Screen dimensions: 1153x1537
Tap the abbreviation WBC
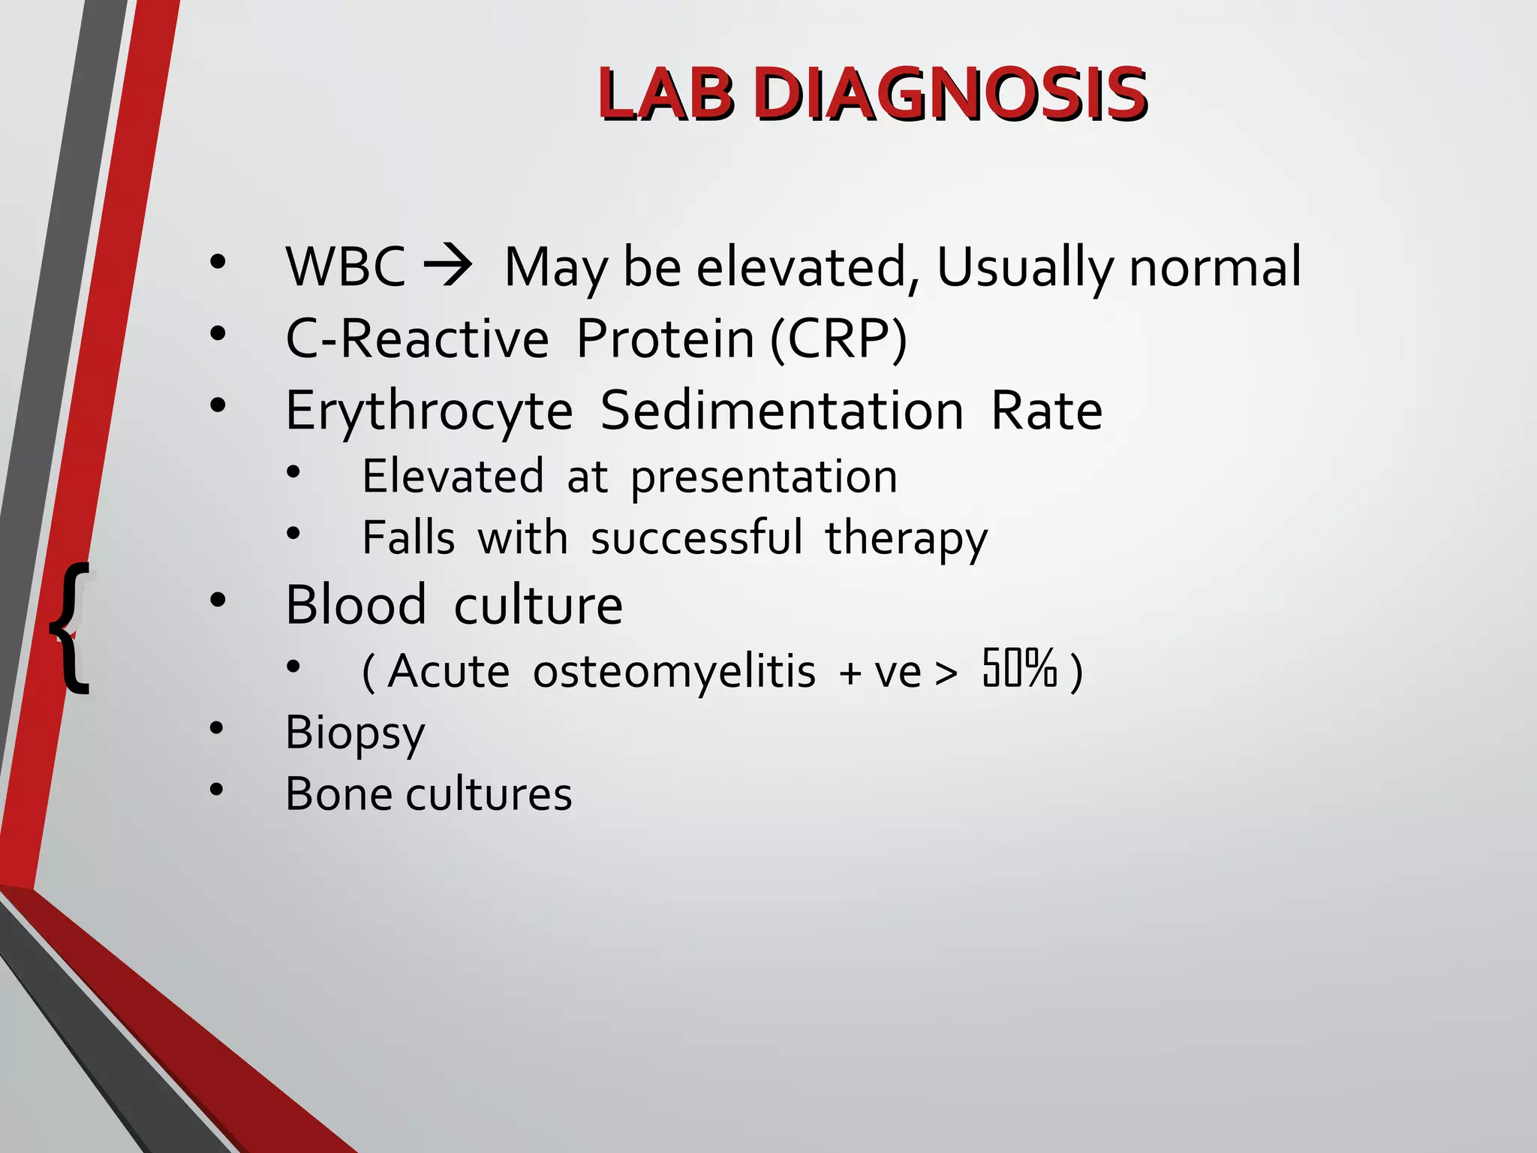pos(346,266)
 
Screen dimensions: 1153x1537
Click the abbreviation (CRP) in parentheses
pos(839,339)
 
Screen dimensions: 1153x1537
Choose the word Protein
pos(665,339)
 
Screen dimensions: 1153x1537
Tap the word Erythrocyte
pos(429,412)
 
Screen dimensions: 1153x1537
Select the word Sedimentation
pos(782,411)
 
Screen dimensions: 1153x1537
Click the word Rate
pos(1046,411)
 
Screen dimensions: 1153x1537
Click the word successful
pos(696,537)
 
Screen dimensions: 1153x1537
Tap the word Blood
pos(356,604)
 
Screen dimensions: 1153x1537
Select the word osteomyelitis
pos(674,671)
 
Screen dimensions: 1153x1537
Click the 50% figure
pos(1020,668)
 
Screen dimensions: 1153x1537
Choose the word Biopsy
pos(355,734)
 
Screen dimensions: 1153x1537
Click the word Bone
pos(339,794)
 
